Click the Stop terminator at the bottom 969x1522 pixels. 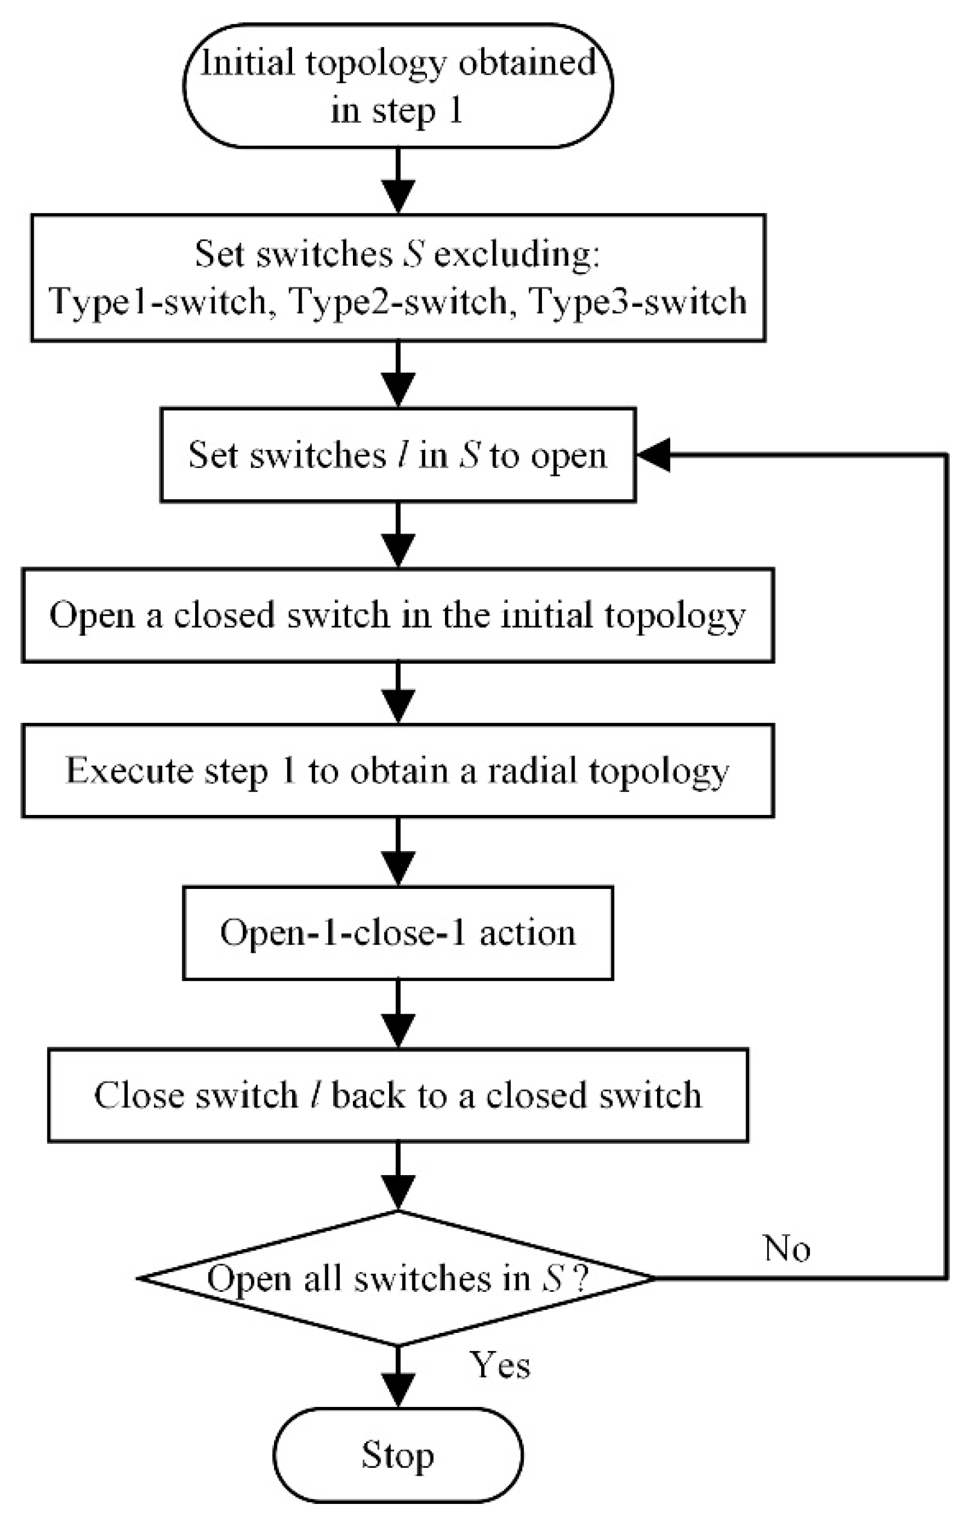pyautogui.click(x=397, y=1456)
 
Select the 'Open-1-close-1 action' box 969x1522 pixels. pyautogui.click(x=397, y=933)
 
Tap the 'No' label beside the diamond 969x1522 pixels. pyautogui.click(x=787, y=1249)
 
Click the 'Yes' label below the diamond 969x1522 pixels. pyautogui.click(x=499, y=1365)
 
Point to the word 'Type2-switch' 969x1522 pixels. pyautogui.click(x=398, y=302)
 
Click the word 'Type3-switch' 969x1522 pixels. pyautogui.click(x=638, y=302)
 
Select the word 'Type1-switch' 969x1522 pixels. pyautogui.click(x=158, y=302)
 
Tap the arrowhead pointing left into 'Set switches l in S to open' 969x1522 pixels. pyautogui.click(x=654, y=455)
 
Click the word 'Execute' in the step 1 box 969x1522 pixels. pyautogui.click(x=129, y=771)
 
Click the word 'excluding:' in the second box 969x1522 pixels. pyautogui.click(x=515, y=254)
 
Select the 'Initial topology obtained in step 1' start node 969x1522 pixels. pyautogui.click(x=397, y=86)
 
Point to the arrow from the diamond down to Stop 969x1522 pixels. pyautogui.click(x=398, y=1378)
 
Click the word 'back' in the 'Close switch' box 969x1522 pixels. pyautogui.click(x=368, y=1096)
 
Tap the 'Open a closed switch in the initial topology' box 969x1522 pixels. pyautogui.click(x=397, y=615)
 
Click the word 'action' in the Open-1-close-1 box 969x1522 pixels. pyautogui.click(x=528, y=933)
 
